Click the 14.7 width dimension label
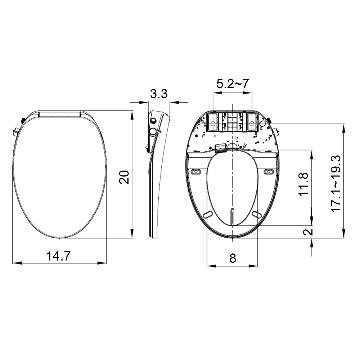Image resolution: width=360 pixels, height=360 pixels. (58, 256)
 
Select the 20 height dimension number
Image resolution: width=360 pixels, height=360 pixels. (124, 177)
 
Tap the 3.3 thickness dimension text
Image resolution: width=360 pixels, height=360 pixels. (159, 94)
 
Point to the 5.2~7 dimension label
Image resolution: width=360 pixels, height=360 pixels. (232, 84)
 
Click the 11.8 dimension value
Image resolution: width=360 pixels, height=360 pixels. (303, 184)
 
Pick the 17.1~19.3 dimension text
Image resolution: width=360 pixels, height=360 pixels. (336, 183)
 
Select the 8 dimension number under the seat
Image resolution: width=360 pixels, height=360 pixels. (233, 258)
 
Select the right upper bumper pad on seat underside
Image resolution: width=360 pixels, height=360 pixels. (268, 172)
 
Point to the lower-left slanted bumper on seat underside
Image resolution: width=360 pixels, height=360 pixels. (208, 215)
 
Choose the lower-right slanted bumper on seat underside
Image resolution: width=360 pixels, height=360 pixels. (257, 215)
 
